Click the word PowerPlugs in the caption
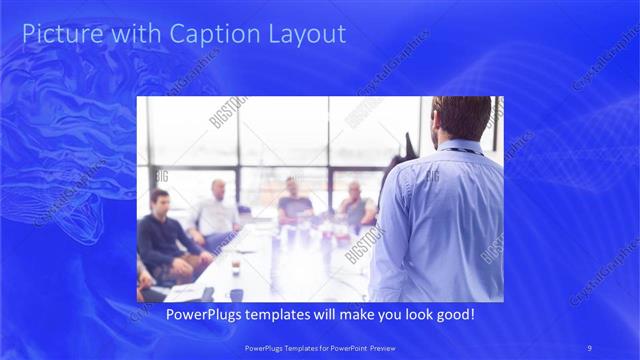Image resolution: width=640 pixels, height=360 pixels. tap(200, 315)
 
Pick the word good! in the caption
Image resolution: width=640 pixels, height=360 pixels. tap(453, 315)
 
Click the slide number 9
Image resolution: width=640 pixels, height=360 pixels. tap(590, 347)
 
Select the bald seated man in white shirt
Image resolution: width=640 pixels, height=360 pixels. tap(216, 211)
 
